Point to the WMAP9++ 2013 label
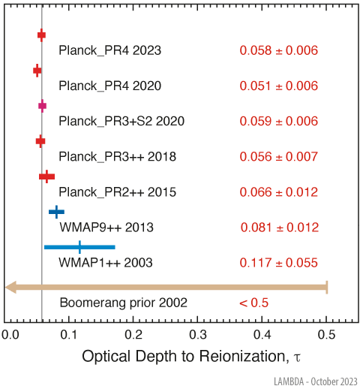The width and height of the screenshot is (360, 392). coord(106,227)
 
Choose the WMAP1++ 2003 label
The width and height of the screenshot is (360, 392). coord(106,263)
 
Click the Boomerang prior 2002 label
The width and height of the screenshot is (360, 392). coord(124,303)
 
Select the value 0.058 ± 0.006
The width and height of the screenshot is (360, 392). coord(279,51)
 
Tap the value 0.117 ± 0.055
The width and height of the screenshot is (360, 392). coord(279,263)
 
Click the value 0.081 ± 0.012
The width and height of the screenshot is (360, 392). coord(279,227)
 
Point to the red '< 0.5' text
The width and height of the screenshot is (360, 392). coord(253,303)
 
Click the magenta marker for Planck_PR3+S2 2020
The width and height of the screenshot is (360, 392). coord(42,106)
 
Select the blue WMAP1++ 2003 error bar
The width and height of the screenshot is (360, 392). coord(79,246)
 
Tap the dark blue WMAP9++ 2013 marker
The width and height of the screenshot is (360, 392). coord(56,212)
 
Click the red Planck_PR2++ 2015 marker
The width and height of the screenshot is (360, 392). coord(46,176)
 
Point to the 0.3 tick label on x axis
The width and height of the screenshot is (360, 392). coord(198,333)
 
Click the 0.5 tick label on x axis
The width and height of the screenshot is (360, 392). coord(326,333)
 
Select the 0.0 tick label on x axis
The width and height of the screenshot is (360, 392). coord(9,333)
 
